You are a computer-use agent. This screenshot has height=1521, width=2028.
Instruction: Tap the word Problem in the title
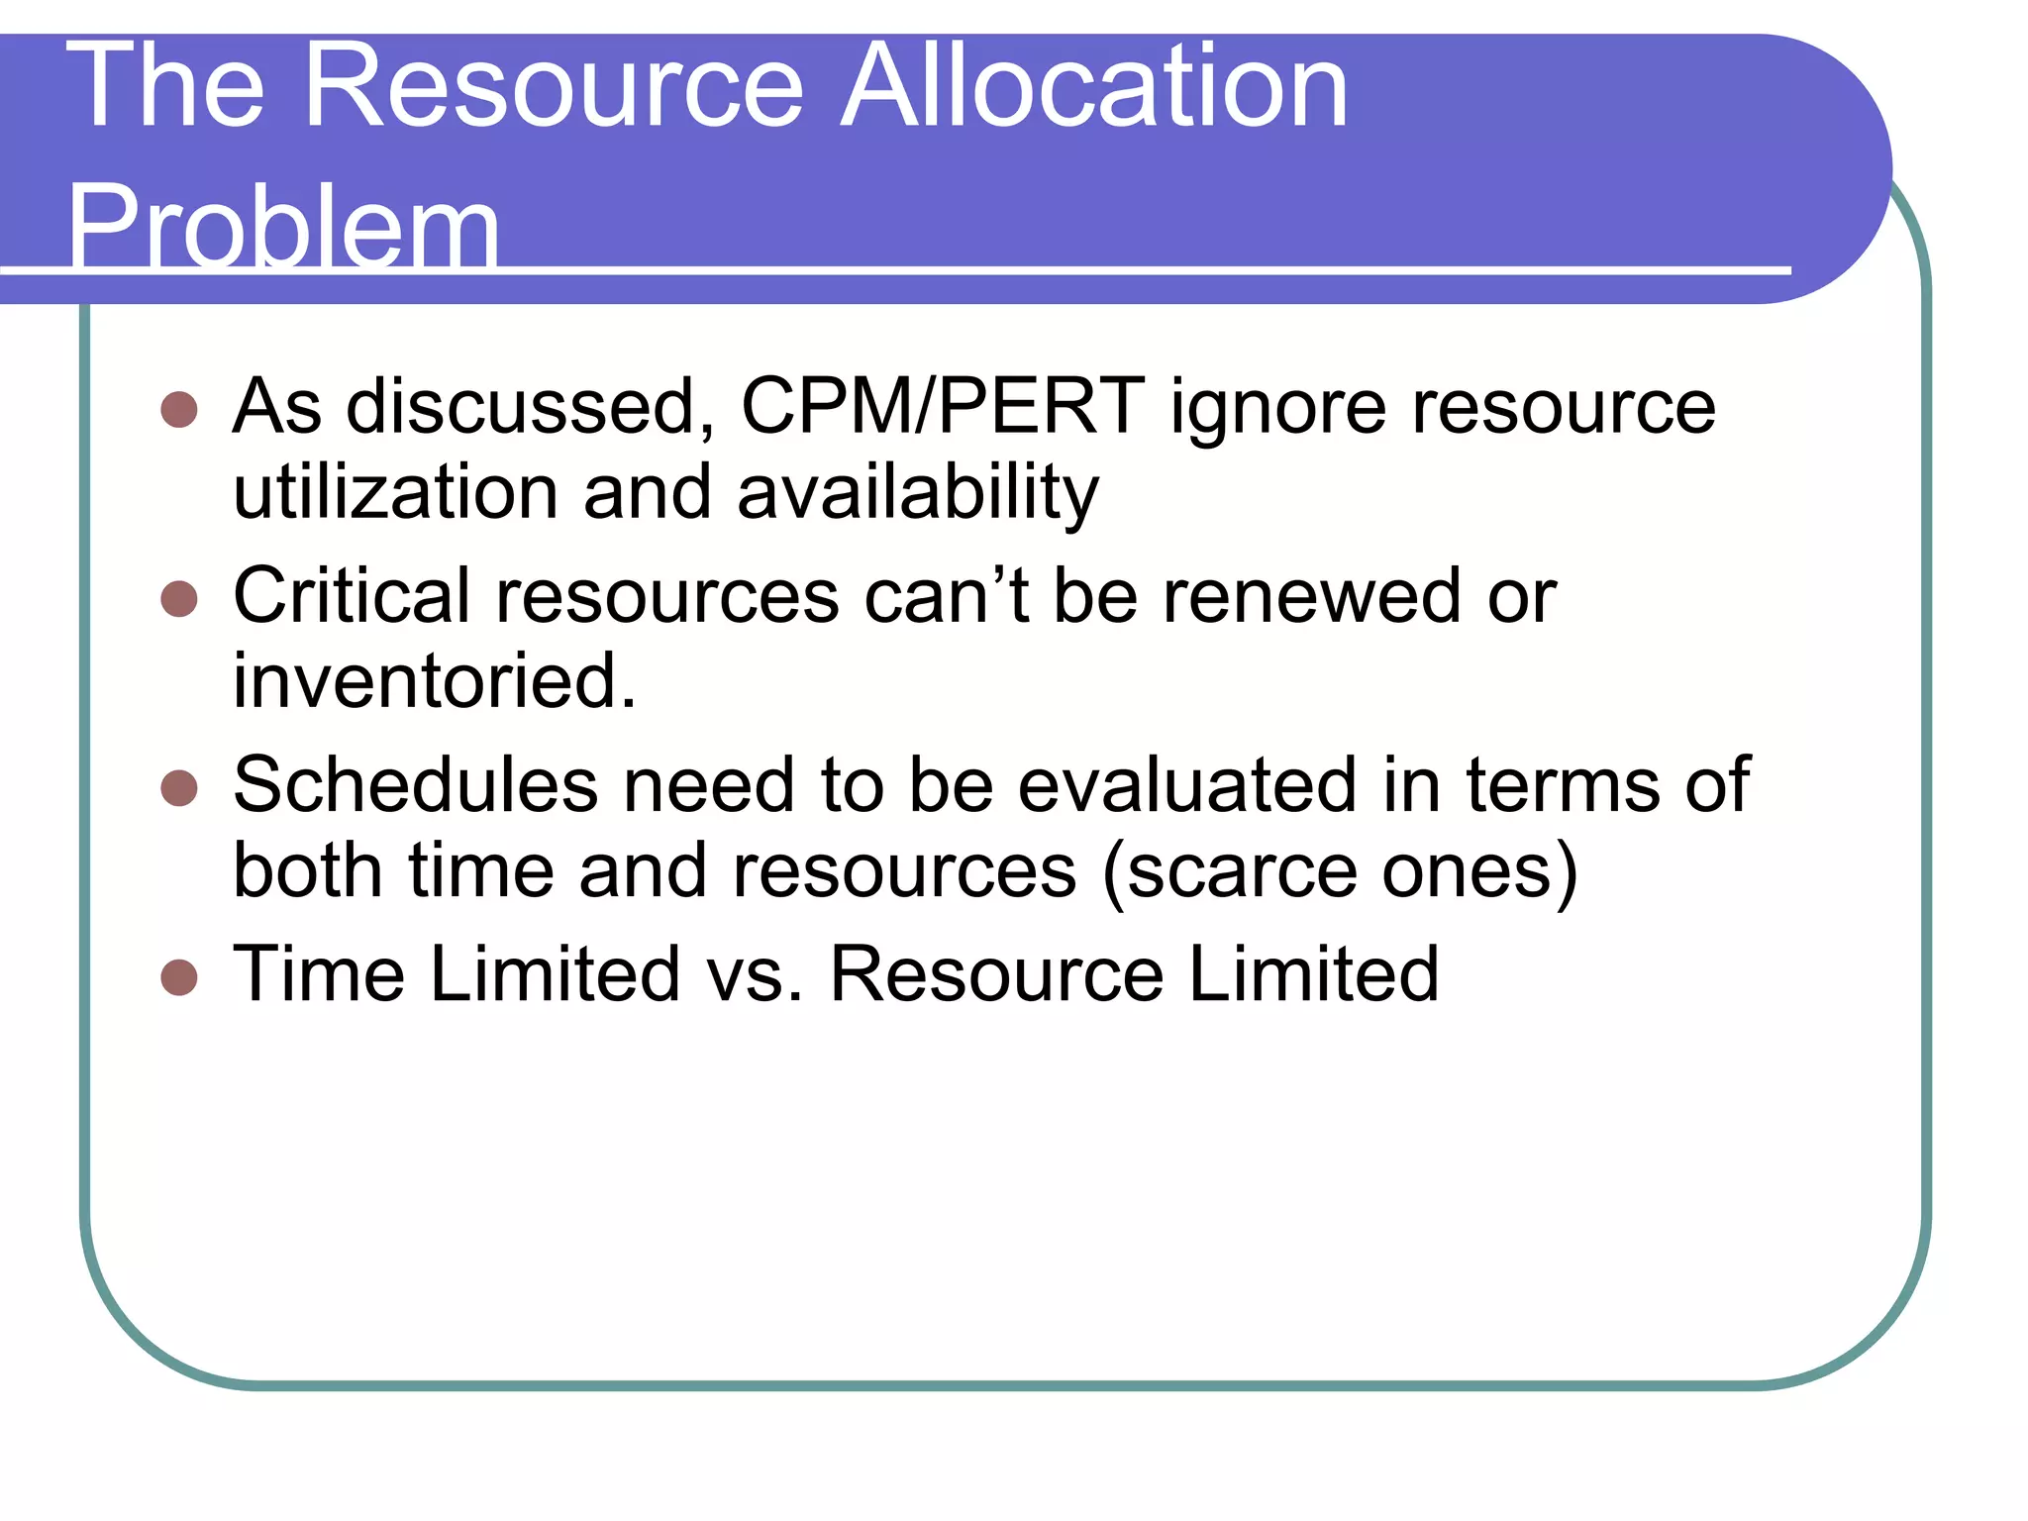point(283,228)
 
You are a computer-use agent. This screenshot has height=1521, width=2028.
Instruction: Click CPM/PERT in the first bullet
point(943,406)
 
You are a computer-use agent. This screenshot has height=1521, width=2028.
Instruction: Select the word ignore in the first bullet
point(1278,408)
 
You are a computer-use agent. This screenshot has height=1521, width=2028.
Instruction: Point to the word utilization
point(396,492)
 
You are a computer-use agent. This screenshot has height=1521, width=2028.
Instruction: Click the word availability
point(918,494)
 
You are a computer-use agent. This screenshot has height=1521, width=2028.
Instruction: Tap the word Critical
point(352,596)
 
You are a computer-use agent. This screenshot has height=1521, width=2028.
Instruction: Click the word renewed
point(1311,596)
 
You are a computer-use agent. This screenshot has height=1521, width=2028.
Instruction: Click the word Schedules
point(415,785)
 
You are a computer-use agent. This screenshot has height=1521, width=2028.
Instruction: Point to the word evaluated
point(1187,785)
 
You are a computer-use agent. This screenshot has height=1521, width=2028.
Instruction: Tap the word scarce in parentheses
point(1242,871)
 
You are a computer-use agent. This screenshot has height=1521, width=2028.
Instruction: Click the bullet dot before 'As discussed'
point(179,409)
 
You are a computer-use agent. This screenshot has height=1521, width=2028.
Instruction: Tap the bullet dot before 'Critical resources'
point(179,598)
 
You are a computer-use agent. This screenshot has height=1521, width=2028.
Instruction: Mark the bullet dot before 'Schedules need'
point(179,788)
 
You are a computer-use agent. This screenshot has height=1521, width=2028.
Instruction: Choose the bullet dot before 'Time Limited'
point(179,976)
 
